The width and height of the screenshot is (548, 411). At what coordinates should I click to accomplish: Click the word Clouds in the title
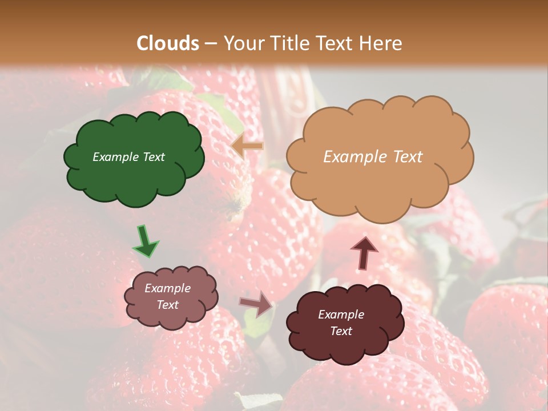coord(168,43)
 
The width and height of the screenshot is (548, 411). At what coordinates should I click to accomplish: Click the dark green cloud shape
coord(134,171)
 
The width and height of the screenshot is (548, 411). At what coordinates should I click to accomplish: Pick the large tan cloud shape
coord(380,177)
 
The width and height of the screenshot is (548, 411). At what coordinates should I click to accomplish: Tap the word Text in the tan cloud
coord(404,157)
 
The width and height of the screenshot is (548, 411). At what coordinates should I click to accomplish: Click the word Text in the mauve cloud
coord(168,305)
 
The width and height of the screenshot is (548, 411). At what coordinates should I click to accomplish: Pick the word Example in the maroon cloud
coord(341,315)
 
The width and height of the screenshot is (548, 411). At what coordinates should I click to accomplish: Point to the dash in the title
coord(211,43)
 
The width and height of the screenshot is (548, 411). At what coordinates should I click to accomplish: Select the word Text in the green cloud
coord(154,157)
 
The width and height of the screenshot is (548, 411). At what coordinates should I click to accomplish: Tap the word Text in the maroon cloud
coord(341,331)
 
